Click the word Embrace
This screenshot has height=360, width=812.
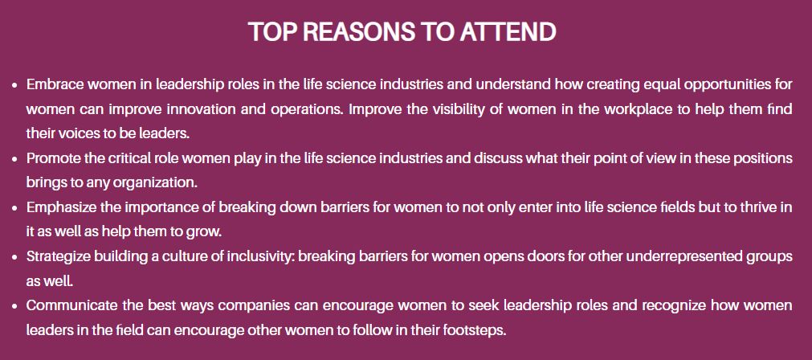tap(55, 84)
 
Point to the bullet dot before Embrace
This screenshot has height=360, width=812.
tap(16, 84)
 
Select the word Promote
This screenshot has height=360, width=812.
tap(54, 157)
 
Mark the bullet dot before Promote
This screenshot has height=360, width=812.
tap(16, 158)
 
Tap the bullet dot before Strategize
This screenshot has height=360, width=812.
tap(16, 257)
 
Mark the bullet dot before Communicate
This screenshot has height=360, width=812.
tap(16, 306)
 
